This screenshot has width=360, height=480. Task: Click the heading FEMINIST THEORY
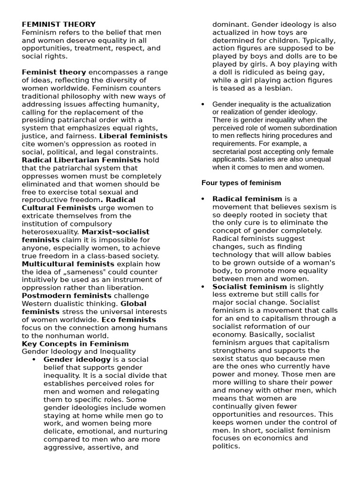(59, 24)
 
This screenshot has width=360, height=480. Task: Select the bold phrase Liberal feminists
(133, 136)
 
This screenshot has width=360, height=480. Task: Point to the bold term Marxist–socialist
(115, 232)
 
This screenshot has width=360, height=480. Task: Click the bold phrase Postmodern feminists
(67, 295)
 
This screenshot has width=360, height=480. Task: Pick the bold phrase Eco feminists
(129, 319)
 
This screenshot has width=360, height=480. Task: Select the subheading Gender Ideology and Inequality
(79, 351)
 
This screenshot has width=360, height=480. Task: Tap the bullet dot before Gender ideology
(34, 360)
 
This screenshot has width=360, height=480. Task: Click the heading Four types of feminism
(241, 183)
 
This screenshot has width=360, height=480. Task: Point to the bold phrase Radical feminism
(247, 199)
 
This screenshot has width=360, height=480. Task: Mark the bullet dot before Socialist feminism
(203, 286)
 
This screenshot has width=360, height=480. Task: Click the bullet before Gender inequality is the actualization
(203, 104)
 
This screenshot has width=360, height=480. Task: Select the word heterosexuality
(51, 232)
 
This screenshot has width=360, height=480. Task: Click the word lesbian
(280, 88)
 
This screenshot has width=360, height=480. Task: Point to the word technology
(235, 255)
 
